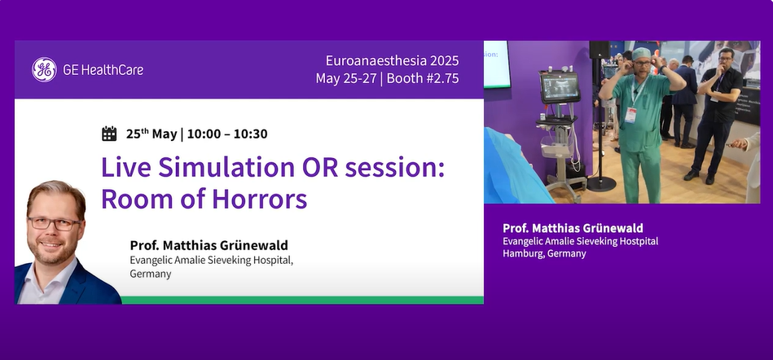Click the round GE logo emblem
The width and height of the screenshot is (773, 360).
[x=44, y=69]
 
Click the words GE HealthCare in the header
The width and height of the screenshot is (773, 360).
[x=103, y=70]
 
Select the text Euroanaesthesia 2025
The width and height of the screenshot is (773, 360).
[x=392, y=60]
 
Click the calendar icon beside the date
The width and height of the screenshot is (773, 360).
[x=109, y=134]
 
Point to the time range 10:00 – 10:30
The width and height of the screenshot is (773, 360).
[x=227, y=134]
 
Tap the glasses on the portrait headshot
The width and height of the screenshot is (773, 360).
[x=55, y=223]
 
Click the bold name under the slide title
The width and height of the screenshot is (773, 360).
[x=209, y=245]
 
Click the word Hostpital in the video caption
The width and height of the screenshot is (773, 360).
[x=639, y=241]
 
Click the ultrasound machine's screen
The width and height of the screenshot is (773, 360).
[x=560, y=88]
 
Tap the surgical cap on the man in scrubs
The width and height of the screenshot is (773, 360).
[x=641, y=53]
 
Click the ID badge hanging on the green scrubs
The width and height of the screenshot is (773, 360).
[x=630, y=115]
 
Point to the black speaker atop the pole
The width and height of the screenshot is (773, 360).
[x=599, y=50]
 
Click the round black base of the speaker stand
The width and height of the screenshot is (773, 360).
[x=601, y=184]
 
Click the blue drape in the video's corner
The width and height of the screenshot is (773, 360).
[x=512, y=167]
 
